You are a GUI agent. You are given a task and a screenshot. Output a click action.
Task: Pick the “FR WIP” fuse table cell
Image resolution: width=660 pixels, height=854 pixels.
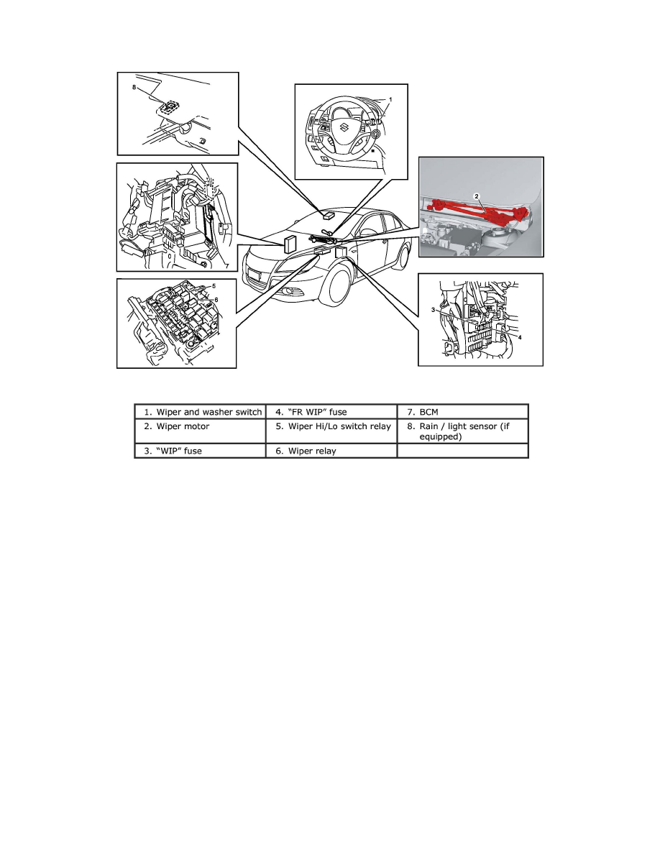[x=331, y=413]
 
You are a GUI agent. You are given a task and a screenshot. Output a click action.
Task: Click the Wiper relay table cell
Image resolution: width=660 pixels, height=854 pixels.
[x=331, y=451]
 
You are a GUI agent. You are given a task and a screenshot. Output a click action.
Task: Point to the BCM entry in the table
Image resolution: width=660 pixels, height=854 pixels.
[x=462, y=413]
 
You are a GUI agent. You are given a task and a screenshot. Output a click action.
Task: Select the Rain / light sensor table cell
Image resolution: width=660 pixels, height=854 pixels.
[x=462, y=431]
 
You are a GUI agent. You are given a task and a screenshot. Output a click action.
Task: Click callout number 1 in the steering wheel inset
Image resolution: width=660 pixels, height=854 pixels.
[x=390, y=98]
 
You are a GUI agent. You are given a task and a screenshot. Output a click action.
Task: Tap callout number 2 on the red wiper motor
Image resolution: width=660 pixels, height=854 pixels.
[x=476, y=195]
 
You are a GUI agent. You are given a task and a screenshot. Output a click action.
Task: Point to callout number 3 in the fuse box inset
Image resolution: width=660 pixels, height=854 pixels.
[x=434, y=309]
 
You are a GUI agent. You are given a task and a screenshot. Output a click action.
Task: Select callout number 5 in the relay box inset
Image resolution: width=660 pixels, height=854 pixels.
[x=214, y=285]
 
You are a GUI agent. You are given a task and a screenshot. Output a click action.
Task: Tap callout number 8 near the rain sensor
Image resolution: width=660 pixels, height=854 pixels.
[x=134, y=87]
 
